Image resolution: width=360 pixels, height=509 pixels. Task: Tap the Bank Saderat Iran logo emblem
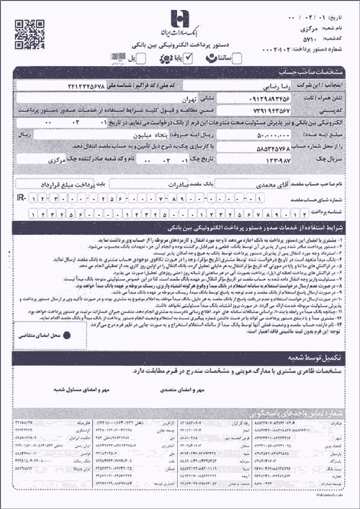coord(179,17)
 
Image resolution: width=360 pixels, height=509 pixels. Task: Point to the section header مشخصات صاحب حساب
coord(315,73)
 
